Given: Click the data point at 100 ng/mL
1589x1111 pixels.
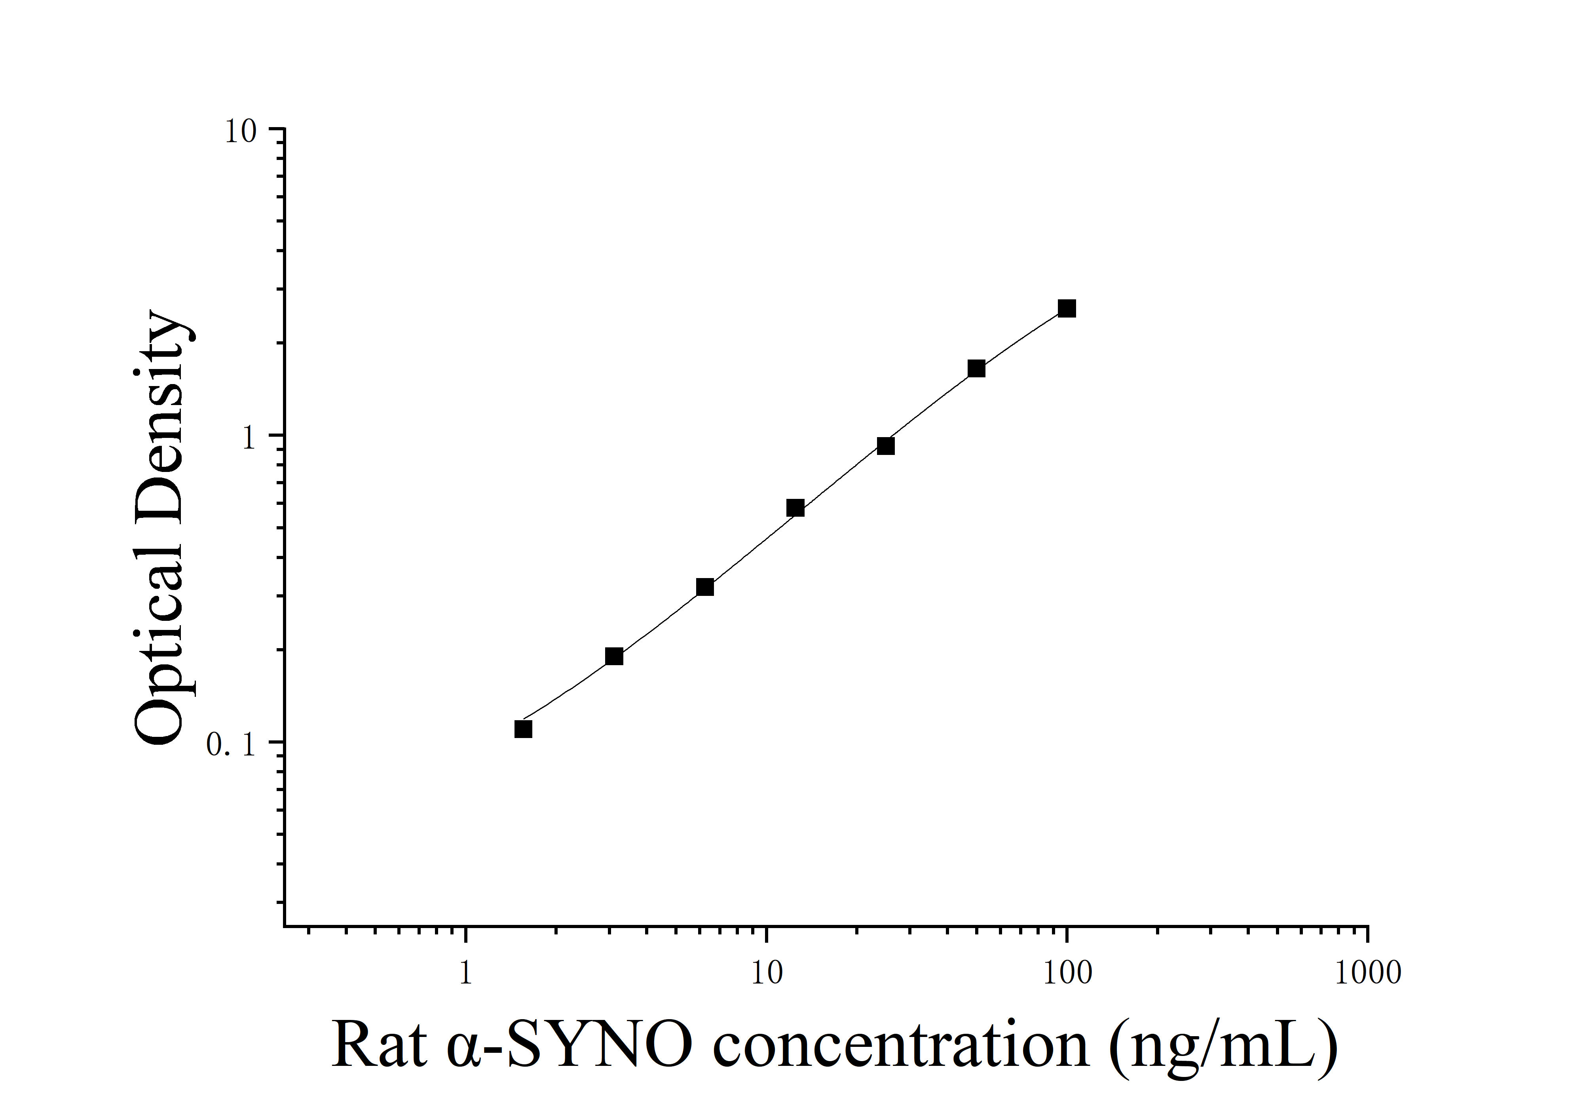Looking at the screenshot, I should (x=1067, y=309).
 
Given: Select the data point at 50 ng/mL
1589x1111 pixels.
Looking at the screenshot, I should (x=976, y=368).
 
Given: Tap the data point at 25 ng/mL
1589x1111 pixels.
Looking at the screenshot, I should (x=885, y=446).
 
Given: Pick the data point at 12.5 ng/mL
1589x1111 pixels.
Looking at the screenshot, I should (x=795, y=508).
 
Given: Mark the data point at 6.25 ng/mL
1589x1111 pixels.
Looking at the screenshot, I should (x=704, y=587).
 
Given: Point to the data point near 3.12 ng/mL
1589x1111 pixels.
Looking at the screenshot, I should (x=614, y=656).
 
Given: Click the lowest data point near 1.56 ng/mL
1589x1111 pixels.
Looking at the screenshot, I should (x=523, y=729).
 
